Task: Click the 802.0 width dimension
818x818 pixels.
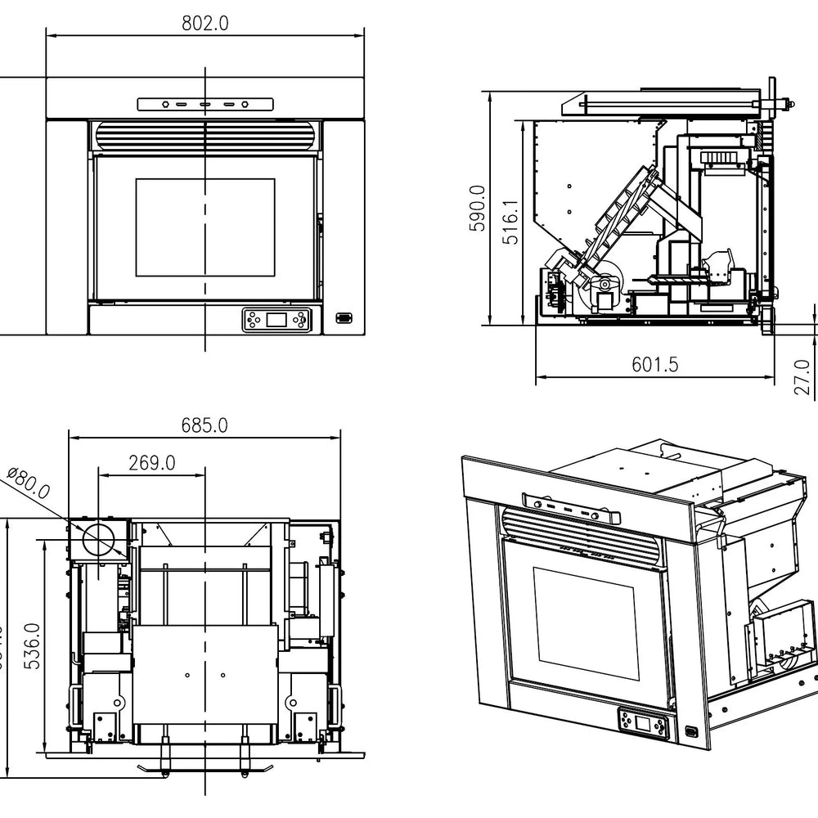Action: (x=204, y=23)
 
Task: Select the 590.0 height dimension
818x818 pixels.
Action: (x=478, y=208)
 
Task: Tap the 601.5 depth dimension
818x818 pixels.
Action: (x=654, y=365)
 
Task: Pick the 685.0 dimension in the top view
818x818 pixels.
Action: (x=204, y=425)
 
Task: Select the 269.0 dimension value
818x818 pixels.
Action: (x=151, y=462)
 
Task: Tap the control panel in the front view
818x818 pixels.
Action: (x=277, y=320)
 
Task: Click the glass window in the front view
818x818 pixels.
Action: (x=204, y=227)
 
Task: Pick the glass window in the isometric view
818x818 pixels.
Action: (x=586, y=622)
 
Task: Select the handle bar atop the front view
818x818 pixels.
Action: (x=204, y=105)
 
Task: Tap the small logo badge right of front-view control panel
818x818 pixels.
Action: (x=344, y=317)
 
